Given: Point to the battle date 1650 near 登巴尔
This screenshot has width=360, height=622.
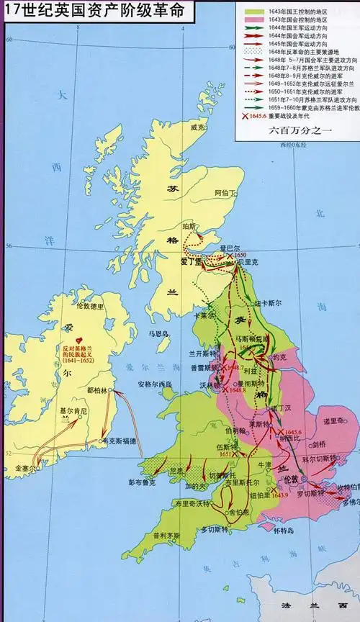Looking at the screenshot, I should point(240,255).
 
